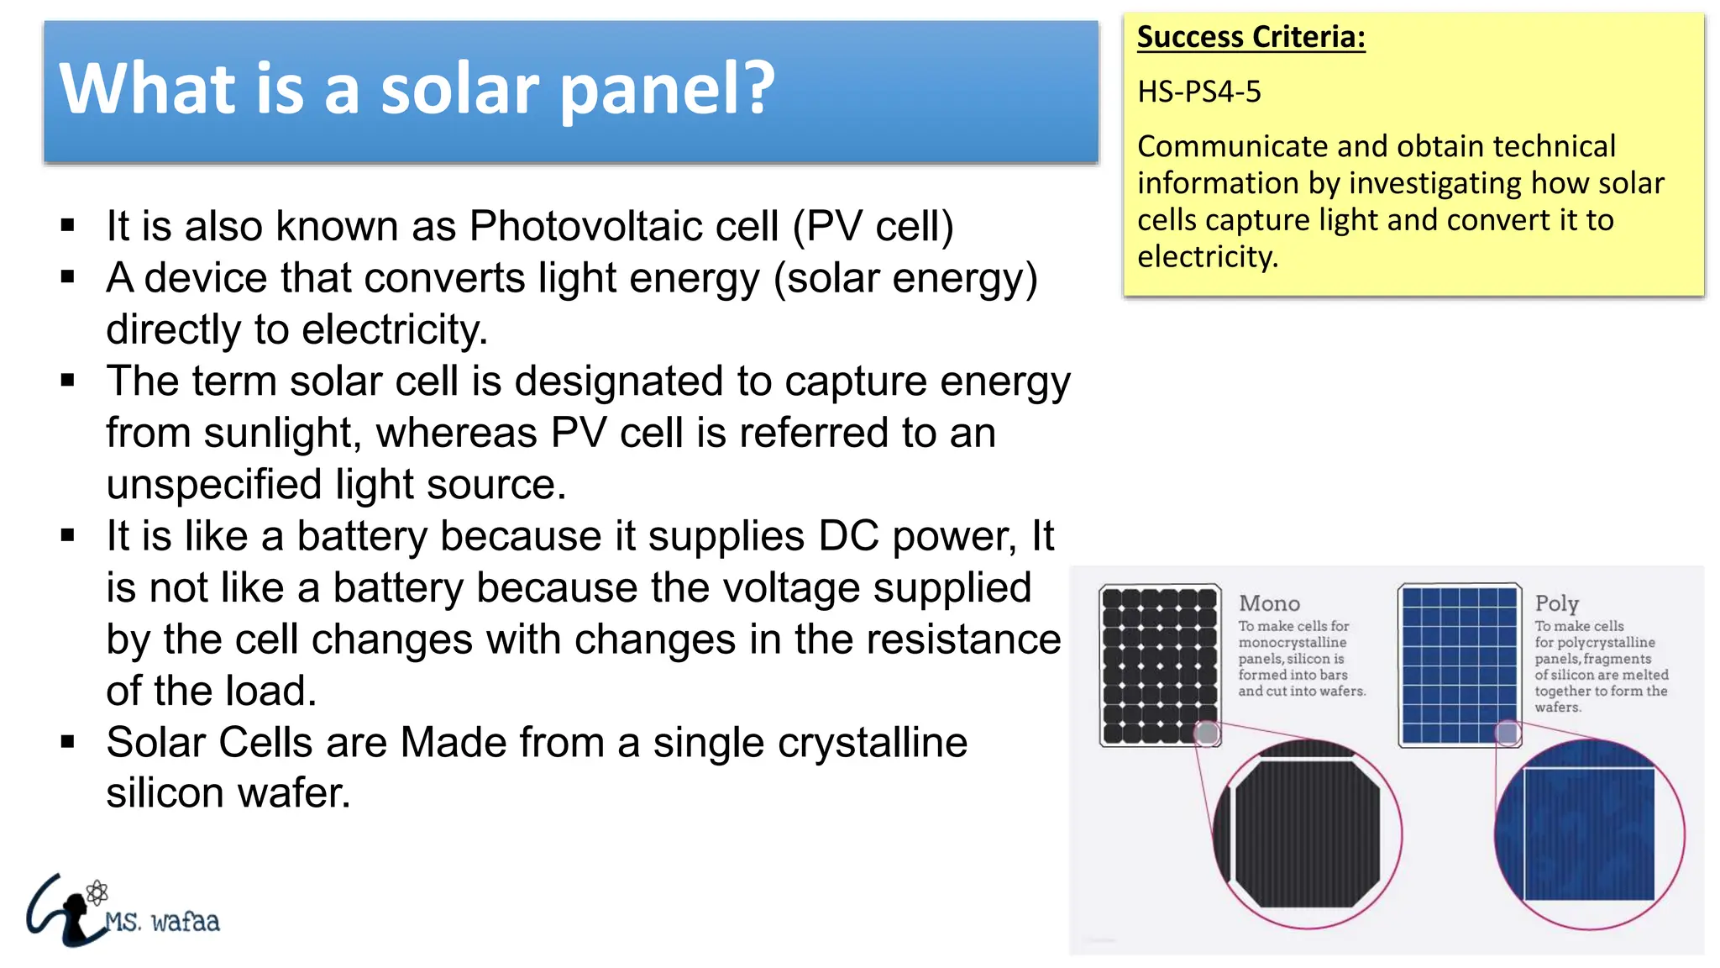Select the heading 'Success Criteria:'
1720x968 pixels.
(1251, 37)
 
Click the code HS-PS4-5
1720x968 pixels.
(1198, 92)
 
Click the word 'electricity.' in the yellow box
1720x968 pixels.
(1207, 257)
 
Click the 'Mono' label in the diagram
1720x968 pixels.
(1269, 603)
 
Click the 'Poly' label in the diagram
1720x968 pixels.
(1556, 603)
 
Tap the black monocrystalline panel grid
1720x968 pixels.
(1159, 664)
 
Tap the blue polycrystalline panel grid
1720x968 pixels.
(1459, 664)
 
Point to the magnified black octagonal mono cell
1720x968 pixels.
(1307, 834)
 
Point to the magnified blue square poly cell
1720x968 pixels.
(1588, 834)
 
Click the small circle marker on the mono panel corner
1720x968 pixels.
(1207, 734)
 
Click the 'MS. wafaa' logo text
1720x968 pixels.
(162, 922)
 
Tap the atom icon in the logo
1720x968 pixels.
(97, 892)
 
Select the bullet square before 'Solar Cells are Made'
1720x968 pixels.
(68, 742)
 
